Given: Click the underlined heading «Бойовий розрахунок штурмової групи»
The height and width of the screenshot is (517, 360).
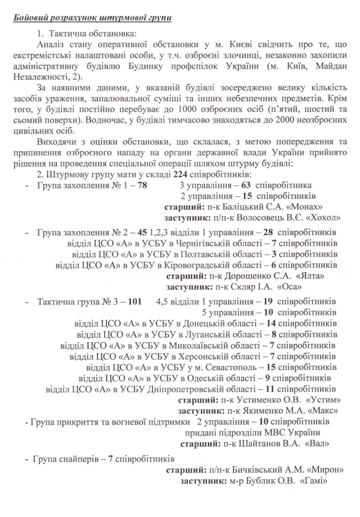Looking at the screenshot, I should click(x=93, y=19).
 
